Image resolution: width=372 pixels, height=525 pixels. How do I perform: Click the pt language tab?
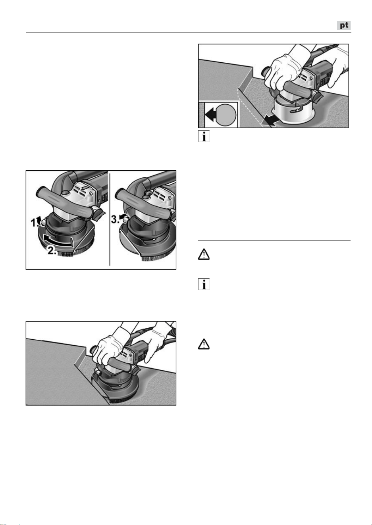344,25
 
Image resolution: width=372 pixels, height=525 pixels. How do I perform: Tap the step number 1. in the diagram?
35,222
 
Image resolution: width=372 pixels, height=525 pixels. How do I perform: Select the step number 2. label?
52,251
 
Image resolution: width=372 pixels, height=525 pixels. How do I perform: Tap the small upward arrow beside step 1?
43,220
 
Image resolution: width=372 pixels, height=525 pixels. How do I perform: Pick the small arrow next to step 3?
122,217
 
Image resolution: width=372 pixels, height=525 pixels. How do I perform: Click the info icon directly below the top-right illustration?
204,136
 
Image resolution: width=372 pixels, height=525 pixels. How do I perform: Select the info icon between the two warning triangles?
204,284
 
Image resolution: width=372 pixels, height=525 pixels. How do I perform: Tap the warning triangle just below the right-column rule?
204,254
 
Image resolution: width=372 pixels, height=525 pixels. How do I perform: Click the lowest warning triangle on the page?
204,344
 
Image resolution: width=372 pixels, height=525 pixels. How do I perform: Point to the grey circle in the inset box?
226,115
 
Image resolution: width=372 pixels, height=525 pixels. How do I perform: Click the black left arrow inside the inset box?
211,115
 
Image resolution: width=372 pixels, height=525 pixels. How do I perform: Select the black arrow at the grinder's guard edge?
270,122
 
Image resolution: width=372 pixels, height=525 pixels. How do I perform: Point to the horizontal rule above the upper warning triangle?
274,240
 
